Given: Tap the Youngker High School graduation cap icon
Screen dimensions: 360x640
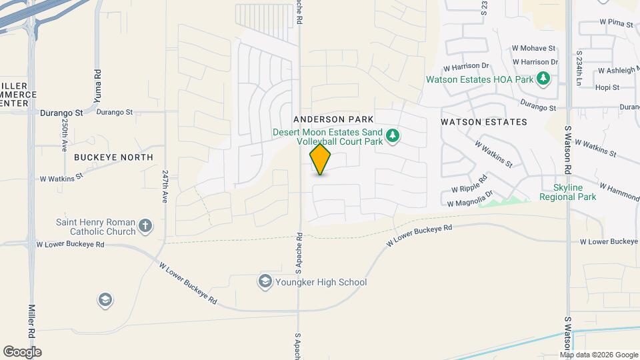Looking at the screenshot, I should coord(265,281).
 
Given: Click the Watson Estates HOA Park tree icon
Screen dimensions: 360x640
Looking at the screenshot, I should coord(544,79).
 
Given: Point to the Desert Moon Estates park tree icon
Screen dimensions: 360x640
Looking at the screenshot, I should coord(393,137).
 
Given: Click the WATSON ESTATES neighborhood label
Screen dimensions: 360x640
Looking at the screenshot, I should coord(484,122).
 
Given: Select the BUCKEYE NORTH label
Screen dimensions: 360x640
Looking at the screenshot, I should coord(113,157).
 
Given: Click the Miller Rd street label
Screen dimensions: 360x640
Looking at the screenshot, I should coord(31,321).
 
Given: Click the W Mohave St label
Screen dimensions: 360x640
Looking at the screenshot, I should coord(533,49).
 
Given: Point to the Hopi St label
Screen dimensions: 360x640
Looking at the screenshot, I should coord(607,87).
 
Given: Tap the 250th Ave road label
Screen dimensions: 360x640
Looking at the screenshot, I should coord(65,137).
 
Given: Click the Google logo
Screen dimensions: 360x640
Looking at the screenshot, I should coord(22,352).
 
